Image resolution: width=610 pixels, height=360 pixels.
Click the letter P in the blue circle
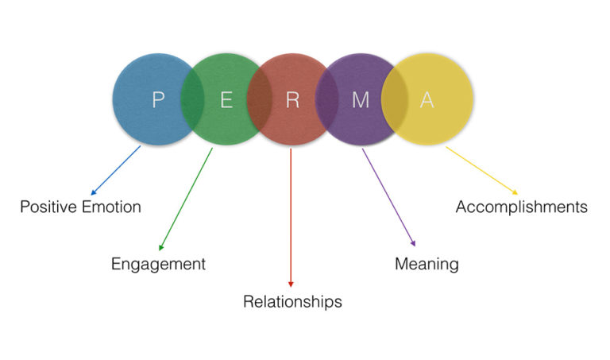click(158, 100)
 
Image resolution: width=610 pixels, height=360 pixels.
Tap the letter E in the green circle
click(226, 100)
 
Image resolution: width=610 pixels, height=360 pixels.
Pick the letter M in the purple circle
click(361, 100)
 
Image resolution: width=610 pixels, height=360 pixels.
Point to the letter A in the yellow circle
click(427, 100)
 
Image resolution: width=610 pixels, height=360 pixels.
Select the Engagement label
click(158, 265)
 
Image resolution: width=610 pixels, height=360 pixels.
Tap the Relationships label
click(292, 302)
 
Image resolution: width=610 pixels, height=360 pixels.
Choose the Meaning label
click(427, 264)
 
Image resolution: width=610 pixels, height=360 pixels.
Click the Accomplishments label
click(521, 207)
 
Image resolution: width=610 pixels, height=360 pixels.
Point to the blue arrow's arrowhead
click(93, 193)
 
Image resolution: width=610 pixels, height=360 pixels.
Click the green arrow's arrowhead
click(161, 248)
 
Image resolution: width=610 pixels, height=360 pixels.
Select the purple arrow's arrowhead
click(413, 245)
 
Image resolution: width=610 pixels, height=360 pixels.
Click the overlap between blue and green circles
click(191, 99)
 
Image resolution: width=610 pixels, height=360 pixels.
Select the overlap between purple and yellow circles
click(394, 99)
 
